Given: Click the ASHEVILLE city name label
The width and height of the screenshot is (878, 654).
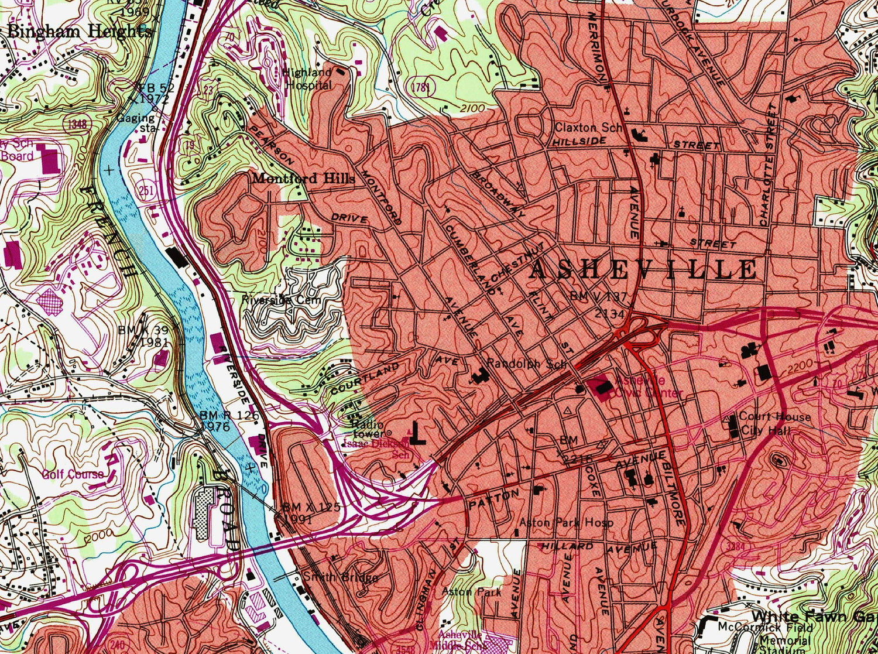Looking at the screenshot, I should (x=644, y=270).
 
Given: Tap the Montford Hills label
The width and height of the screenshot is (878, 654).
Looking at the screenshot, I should (x=303, y=179).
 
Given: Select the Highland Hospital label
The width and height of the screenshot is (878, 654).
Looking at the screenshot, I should (x=308, y=78).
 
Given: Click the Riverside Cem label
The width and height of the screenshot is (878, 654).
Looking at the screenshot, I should (x=282, y=300).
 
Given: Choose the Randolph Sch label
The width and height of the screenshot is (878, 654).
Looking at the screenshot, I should (x=527, y=364).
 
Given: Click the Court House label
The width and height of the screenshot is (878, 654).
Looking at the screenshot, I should (x=775, y=416).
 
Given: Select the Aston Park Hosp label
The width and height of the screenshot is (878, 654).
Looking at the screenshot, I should (x=567, y=522).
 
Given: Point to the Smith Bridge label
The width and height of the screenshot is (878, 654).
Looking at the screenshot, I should (x=340, y=577).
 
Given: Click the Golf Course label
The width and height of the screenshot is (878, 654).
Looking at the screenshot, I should (x=73, y=474).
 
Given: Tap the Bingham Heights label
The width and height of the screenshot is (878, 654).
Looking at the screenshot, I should (x=79, y=32).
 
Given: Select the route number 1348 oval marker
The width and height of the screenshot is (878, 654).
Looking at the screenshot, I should (x=77, y=124).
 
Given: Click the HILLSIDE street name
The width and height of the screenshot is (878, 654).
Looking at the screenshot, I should (x=579, y=142).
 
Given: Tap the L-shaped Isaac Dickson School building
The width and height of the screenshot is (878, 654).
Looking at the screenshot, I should (x=417, y=434).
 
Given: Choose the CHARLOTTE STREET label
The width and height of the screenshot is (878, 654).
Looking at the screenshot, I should (x=768, y=166).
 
